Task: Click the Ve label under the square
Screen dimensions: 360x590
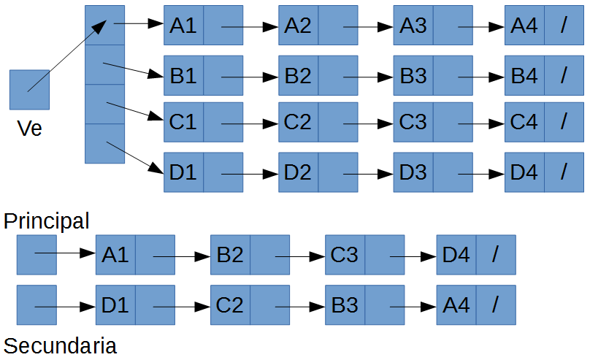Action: click(30, 129)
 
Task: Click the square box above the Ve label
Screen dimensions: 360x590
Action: click(29, 90)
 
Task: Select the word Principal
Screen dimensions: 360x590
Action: click(46, 221)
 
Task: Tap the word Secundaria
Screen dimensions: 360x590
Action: click(60, 345)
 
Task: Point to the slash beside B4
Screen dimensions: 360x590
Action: click(564, 75)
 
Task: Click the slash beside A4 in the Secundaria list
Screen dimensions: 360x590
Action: click(496, 305)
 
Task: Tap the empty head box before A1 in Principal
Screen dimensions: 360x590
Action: click(37, 254)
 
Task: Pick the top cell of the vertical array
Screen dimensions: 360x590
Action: click(105, 25)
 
